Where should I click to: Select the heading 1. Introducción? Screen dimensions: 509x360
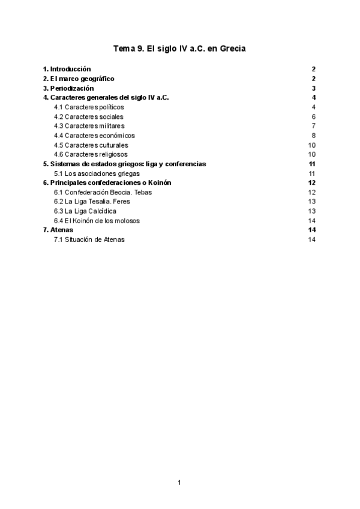click(67, 69)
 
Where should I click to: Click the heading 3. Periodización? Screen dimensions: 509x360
click(68, 88)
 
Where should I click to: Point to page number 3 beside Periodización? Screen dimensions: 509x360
click(314, 88)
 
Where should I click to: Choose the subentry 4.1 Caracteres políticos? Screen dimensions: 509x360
click(89, 107)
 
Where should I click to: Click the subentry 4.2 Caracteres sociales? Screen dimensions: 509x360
click(88, 116)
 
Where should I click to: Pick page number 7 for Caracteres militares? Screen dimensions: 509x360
click(314, 126)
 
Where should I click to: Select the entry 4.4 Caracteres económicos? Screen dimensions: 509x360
click(94, 136)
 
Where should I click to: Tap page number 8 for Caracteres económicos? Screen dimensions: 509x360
click(314, 136)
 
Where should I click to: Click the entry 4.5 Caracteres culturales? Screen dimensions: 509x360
click(91, 145)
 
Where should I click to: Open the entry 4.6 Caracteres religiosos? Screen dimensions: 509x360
click(91, 154)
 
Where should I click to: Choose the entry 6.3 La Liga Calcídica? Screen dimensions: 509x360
click(85, 211)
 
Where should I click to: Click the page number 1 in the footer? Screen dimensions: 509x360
click(179, 482)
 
